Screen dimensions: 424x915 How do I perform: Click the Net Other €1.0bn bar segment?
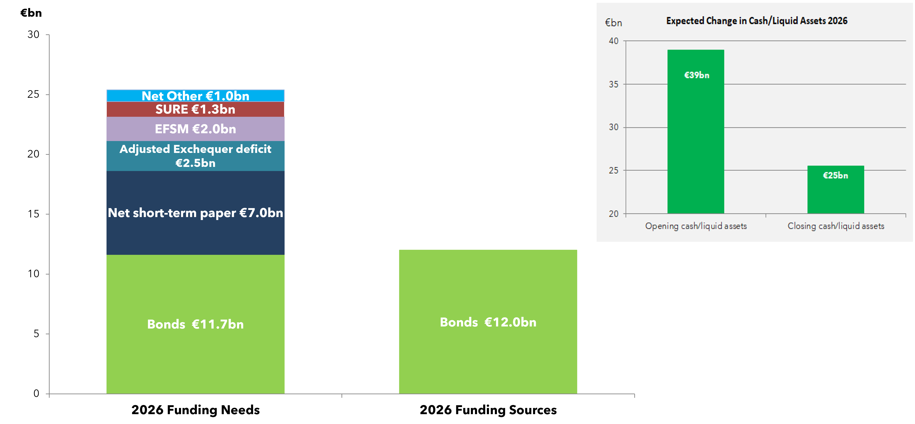click(195, 96)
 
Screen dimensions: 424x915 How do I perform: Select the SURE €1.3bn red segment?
click(195, 109)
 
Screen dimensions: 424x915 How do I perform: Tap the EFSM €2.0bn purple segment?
click(195, 129)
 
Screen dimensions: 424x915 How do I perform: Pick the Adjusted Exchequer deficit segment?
click(195, 156)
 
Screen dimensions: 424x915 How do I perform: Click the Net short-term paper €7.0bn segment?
click(195, 213)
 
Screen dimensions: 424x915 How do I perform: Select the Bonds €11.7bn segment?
click(195, 324)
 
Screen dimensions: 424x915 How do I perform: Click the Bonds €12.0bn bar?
click(488, 322)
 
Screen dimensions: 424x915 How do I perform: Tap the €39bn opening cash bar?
click(696, 132)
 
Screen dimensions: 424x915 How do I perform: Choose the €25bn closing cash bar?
click(835, 190)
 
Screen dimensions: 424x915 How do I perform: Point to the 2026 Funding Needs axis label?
click(195, 410)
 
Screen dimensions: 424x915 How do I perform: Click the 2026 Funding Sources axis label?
click(488, 410)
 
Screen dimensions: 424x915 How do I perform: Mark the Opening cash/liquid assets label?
click(696, 226)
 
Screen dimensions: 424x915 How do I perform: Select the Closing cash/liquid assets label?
click(836, 226)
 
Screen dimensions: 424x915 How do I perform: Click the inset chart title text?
click(757, 21)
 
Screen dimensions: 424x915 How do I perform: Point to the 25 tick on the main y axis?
click(33, 94)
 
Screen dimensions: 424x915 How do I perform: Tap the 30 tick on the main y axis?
click(33, 35)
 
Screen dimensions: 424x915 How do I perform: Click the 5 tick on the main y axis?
click(36, 334)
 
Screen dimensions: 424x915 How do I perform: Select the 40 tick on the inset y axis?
click(614, 41)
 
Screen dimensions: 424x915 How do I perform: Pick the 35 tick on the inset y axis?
click(614, 84)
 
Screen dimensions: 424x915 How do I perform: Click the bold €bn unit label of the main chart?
click(31, 13)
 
